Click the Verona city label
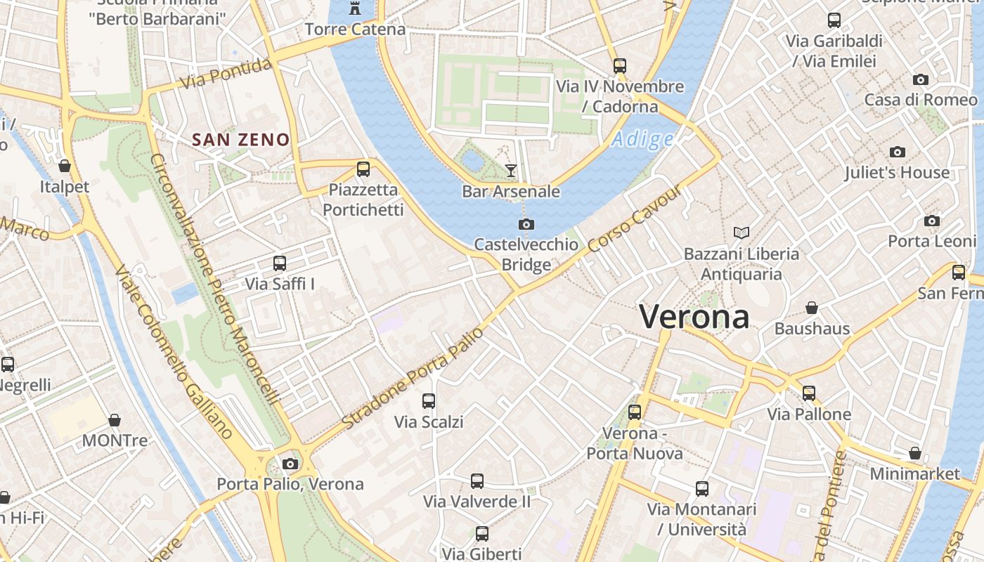[x=694, y=317]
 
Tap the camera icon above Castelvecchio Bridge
[x=526, y=224]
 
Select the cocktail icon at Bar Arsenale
[x=511, y=170]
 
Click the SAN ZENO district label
[x=241, y=140]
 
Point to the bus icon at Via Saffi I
[x=280, y=263]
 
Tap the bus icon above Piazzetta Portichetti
[x=363, y=169]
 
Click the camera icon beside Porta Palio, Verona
[x=290, y=464]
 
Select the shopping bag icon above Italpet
[x=65, y=166]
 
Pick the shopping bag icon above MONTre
[x=115, y=420]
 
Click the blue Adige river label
[x=642, y=140]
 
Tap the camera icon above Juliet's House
[x=897, y=152]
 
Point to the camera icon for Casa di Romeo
[x=921, y=79]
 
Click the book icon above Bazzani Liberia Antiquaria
[x=741, y=233]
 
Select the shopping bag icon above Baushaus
[x=812, y=308]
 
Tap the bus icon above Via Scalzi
[x=429, y=401]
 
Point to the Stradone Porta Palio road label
[x=413, y=378]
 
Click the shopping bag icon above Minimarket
[x=915, y=453]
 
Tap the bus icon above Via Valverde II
[x=477, y=481]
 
